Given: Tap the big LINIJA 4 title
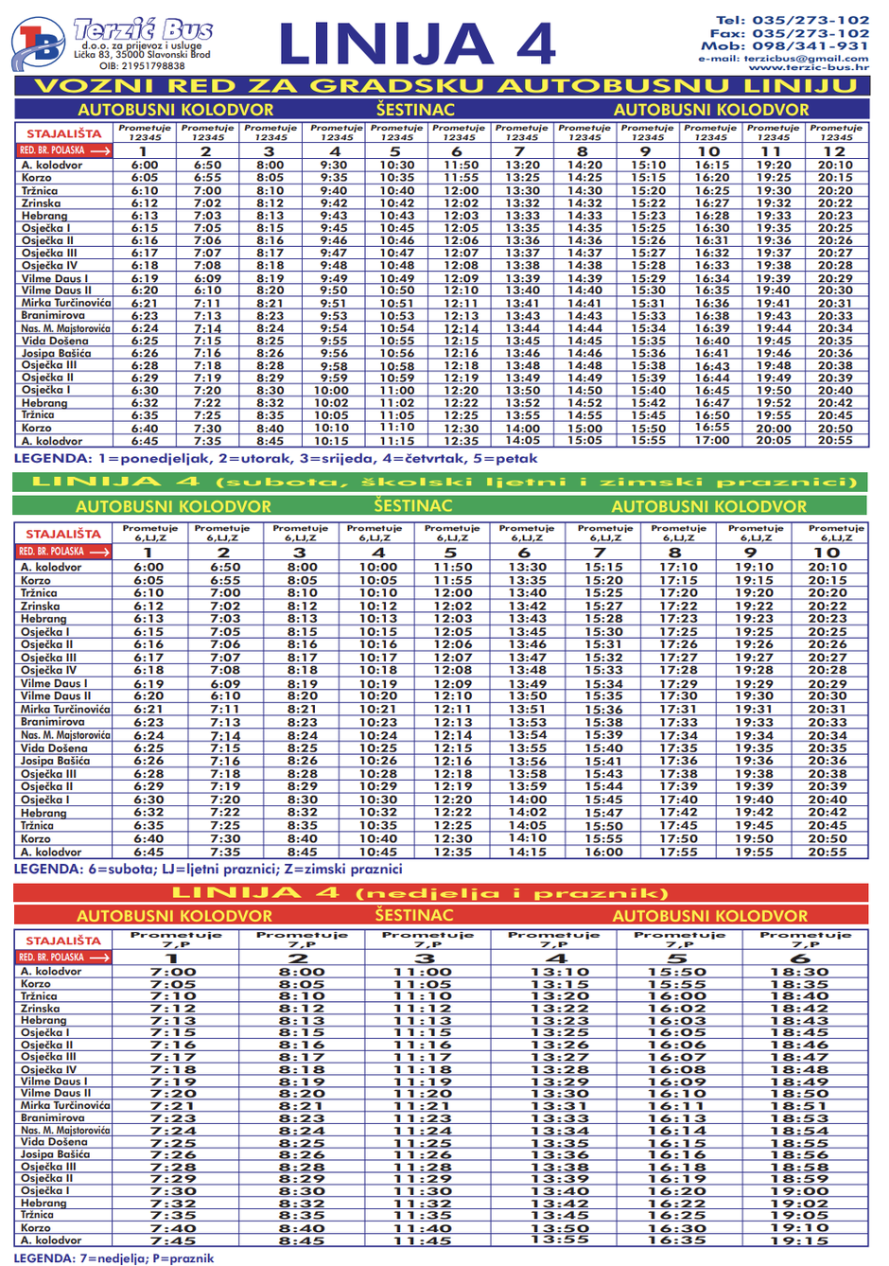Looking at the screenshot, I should coord(417,44).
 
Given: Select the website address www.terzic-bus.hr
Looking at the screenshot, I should coord(808,67).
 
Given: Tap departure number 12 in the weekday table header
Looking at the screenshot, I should coord(834,151).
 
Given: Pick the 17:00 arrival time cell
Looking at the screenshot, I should coord(711,440).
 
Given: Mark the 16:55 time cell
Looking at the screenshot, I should coord(711,428).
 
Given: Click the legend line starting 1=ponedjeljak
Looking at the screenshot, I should coord(275,459).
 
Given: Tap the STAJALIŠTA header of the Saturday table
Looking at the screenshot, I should coord(62,535).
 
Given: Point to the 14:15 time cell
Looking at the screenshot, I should coord(527,852).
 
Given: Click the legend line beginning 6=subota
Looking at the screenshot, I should coord(207,869).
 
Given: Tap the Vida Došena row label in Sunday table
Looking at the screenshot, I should coord(54,1142).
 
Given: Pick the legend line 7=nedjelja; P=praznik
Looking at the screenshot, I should coord(113,1258).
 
